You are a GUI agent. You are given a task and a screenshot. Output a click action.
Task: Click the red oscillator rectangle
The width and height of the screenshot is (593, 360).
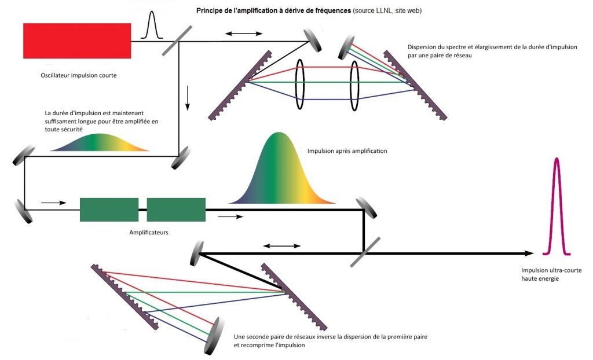click(x=76, y=41)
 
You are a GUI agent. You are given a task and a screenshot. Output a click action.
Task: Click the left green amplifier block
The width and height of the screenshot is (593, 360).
click(x=109, y=210)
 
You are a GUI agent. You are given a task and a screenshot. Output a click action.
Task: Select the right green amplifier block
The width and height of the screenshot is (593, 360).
click(x=176, y=210)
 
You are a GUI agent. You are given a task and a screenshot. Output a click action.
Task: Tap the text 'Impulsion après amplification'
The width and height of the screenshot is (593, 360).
click(x=347, y=150)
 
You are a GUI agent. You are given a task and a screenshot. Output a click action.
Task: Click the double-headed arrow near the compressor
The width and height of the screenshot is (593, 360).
click(x=282, y=246)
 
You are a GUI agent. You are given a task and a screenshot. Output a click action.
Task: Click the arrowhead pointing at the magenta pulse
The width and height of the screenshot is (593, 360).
click(x=529, y=254)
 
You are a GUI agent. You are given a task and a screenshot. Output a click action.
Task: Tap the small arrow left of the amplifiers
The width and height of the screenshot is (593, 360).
click(x=50, y=203)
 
